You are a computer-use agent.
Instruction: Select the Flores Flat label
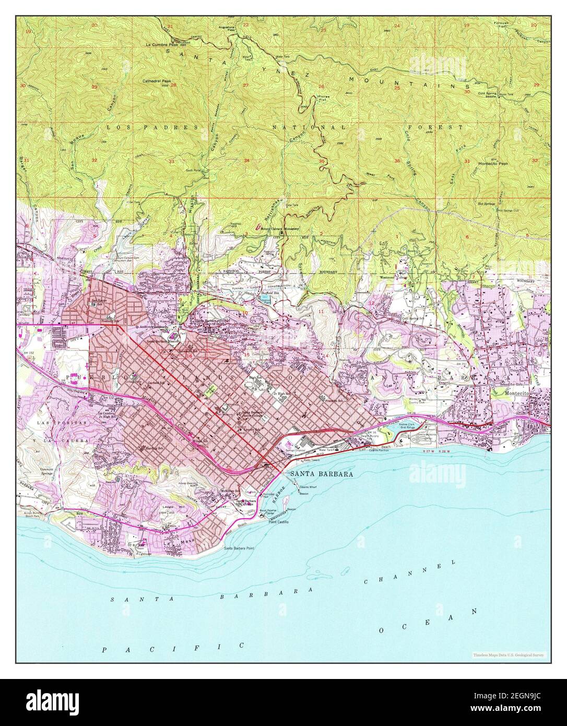click(x=325, y=99)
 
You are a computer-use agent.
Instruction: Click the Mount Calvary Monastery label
click(x=279, y=228)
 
